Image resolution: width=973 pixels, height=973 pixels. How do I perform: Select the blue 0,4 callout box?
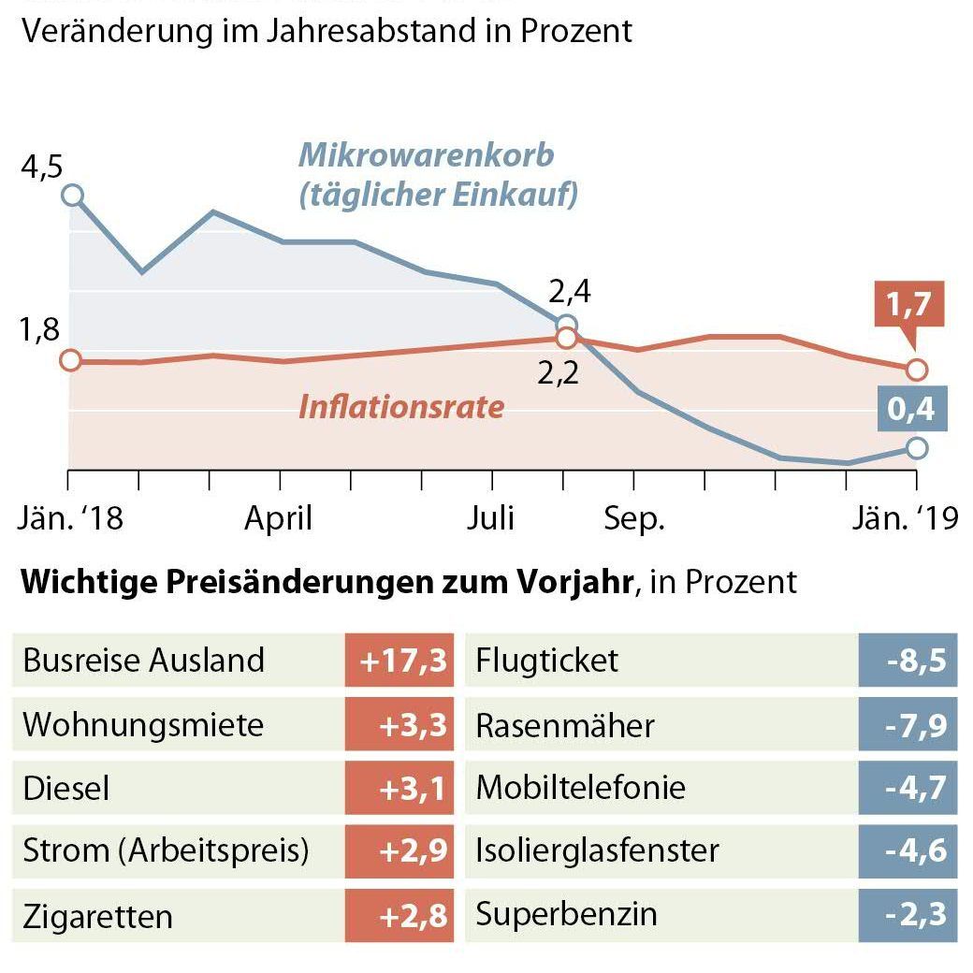[911, 409]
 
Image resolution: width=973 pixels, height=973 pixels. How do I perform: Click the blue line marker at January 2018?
[72, 195]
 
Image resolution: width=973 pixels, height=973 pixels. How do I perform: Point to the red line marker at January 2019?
[917, 370]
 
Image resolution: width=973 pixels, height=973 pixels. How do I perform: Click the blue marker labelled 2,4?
[566, 326]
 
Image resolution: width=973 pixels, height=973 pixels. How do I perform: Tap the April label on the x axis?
[278, 517]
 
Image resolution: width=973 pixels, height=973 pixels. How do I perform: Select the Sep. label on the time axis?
[633, 517]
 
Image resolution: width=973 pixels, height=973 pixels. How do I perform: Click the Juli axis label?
[490, 517]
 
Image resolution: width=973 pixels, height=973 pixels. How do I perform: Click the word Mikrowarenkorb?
[426, 154]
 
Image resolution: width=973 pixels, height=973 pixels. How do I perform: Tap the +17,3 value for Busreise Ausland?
[399, 661]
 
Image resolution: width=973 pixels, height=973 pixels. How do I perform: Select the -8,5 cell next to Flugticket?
[908, 661]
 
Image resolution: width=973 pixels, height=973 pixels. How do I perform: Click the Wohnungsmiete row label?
[143, 724]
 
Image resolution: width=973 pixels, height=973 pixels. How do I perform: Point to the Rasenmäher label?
[565, 725]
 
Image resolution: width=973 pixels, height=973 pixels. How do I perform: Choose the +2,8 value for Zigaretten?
[399, 915]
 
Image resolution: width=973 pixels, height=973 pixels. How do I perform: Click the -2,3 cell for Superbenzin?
[908, 914]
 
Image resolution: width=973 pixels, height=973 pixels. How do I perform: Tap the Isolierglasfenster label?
[597, 850]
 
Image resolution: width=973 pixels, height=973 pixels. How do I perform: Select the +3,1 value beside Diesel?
[399, 788]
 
